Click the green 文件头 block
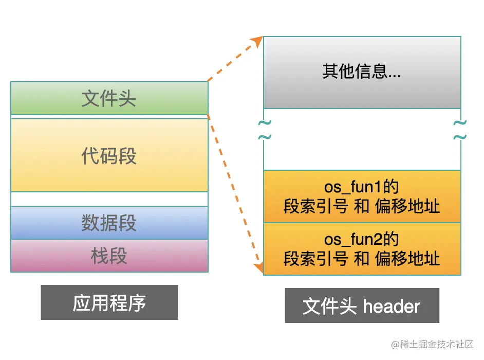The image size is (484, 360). click(x=109, y=98)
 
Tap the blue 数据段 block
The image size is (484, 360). click(x=109, y=223)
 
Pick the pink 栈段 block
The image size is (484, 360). click(x=109, y=256)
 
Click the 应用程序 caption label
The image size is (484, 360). click(x=109, y=302)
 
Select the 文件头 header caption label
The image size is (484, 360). click(x=362, y=305)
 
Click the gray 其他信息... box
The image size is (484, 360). click(x=362, y=72)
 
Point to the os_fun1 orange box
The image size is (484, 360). click(x=362, y=196)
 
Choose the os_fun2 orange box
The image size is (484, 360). click(x=362, y=249)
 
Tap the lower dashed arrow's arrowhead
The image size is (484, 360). click(x=258, y=267)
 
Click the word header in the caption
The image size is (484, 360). click(x=392, y=307)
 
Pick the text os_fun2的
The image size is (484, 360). click(x=362, y=240)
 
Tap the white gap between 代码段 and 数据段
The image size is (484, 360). click(x=109, y=199)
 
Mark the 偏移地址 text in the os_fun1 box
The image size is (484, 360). click(x=407, y=206)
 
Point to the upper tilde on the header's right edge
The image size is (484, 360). click(x=460, y=123)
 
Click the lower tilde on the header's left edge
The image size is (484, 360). click(x=264, y=137)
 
